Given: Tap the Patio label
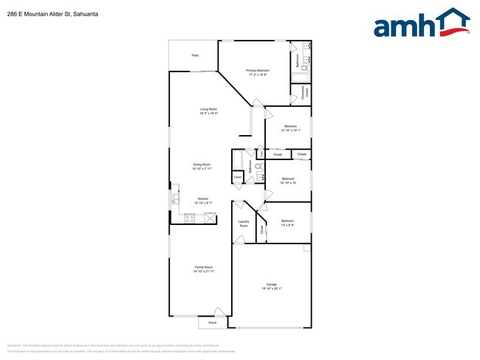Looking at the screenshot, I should pos(195,55).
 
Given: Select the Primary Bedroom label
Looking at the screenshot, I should pos(257,71).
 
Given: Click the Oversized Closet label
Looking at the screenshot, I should pos(304,93).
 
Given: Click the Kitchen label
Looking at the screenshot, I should pos(204,198).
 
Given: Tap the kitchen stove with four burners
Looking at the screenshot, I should pos(190,218).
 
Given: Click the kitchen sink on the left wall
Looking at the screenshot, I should pos(176,199).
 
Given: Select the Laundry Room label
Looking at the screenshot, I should pos(244,224).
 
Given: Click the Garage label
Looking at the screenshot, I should pos(272,284).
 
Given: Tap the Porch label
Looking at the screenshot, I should pos(212,322).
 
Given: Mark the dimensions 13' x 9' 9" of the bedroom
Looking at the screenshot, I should pos(287,225).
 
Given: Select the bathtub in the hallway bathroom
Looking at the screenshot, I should pos(238,160).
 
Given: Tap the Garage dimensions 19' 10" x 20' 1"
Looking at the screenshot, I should pos(272,288).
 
